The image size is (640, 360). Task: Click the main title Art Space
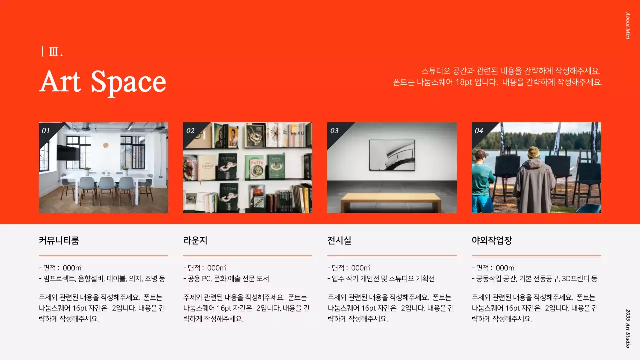coord(103,81)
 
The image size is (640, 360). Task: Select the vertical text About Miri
coord(628,26)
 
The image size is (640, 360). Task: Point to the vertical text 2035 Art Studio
coord(628,328)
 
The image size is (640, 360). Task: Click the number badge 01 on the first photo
coord(46,131)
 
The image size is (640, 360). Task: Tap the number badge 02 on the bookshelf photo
coord(190,131)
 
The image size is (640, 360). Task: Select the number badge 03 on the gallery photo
coord(334,131)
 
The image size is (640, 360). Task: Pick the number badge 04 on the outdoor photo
coord(479,131)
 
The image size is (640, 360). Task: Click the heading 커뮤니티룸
coord(59,240)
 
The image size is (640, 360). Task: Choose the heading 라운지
coord(195,240)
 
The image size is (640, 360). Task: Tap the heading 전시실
coord(339,240)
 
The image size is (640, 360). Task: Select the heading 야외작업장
coord(492,240)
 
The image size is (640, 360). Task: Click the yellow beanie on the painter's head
coord(533,152)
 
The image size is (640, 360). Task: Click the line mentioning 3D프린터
coord(534,279)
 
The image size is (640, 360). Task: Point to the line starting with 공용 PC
coord(226,279)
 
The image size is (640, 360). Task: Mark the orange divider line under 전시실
coord(392,256)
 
